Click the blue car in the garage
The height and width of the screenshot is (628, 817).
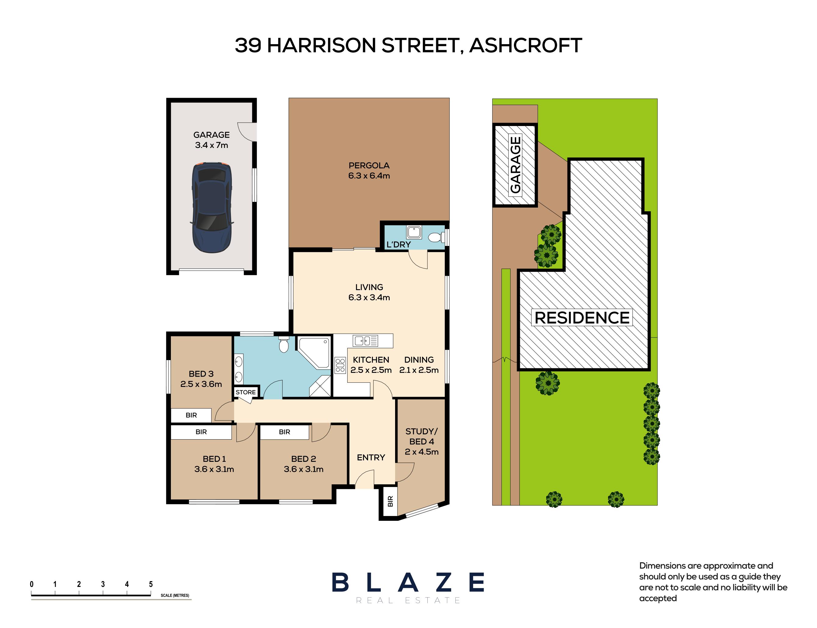(x=212, y=208)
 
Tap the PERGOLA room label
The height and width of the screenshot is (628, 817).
(x=369, y=165)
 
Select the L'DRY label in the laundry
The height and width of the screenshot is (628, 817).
(x=398, y=244)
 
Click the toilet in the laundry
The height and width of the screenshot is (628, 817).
(x=436, y=237)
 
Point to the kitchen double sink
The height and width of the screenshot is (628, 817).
(x=366, y=341)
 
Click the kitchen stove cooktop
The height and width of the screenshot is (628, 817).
(x=340, y=365)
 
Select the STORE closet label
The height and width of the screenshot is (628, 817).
(x=246, y=392)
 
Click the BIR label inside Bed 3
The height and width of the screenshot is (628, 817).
(x=191, y=415)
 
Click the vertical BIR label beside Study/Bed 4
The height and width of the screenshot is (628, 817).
(x=390, y=501)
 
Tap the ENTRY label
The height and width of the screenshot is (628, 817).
(x=371, y=458)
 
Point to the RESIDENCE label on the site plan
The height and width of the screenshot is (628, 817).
(x=582, y=318)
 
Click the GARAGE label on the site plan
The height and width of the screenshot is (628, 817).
(x=515, y=165)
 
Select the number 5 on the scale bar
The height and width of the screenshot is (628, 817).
(x=151, y=584)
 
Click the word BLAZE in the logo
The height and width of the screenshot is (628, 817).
(x=408, y=582)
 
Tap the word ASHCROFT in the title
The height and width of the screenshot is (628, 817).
(x=525, y=45)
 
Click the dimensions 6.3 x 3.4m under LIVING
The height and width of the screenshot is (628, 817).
(x=369, y=297)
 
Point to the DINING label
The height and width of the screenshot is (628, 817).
(x=419, y=360)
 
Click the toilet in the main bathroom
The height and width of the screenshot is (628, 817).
(x=284, y=344)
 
